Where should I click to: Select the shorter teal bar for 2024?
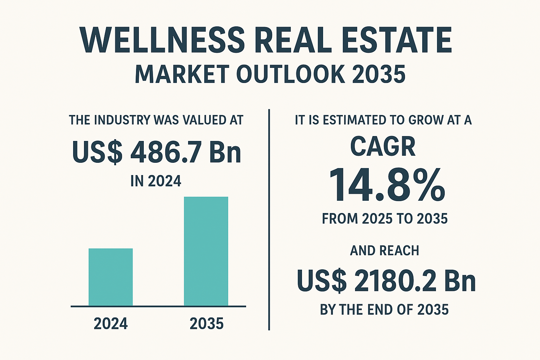point(110,277)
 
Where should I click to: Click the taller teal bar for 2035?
point(206,251)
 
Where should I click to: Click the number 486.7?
point(166,152)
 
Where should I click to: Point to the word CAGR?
point(383,146)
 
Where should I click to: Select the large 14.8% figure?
point(387,185)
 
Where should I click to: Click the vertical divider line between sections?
point(269,220)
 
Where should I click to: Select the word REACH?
point(399,251)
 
